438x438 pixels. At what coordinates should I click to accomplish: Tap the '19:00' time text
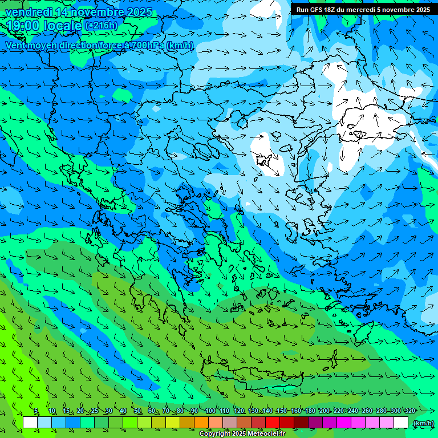(x=22, y=26)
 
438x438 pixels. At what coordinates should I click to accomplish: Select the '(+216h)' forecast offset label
(x=101, y=26)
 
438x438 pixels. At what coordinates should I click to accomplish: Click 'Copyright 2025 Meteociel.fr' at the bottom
(x=242, y=434)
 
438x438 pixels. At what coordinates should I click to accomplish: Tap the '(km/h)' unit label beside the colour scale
(x=423, y=423)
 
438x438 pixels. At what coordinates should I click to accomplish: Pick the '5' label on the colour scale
(x=36, y=411)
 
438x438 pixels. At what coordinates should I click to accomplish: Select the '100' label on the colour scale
(x=210, y=411)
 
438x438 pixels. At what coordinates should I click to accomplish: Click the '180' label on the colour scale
(x=310, y=411)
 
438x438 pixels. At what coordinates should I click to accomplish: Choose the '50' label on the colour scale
(x=137, y=411)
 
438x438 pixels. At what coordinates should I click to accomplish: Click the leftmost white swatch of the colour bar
(x=30, y=423)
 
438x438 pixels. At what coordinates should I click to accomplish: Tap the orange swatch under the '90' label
(x=201, y=423)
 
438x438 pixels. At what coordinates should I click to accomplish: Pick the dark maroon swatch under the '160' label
(x=301, y=423)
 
